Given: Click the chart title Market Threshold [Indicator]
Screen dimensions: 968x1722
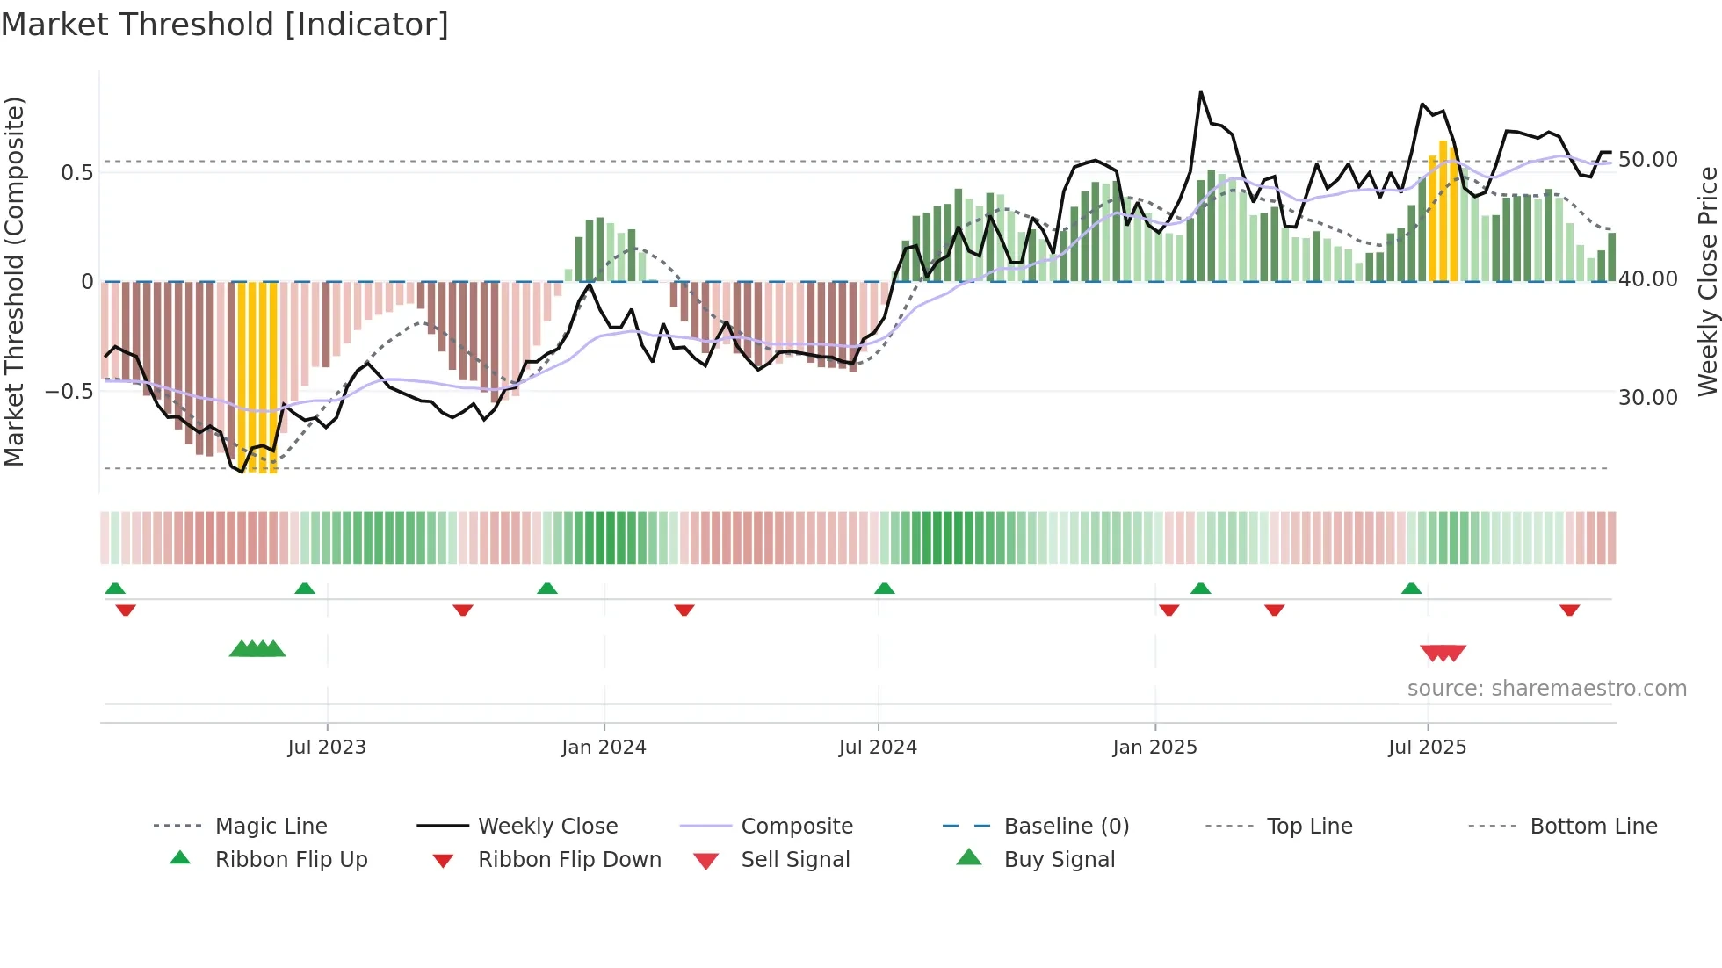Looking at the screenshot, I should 225,25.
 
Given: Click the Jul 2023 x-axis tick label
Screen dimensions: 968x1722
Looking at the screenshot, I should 326,748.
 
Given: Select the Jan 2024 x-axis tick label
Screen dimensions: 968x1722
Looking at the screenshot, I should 604,748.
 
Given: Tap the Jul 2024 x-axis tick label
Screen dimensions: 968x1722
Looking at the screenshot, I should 878,748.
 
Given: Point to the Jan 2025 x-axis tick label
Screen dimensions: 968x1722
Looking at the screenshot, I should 1154,748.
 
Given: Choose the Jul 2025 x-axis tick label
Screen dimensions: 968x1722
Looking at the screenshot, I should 1428,748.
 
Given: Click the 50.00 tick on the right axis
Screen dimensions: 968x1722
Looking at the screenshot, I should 1647,160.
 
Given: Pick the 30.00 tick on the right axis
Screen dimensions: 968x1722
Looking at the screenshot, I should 1647,398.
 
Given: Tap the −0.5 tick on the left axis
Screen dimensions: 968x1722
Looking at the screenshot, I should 69,391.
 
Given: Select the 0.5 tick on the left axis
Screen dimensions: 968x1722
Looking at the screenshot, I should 76,172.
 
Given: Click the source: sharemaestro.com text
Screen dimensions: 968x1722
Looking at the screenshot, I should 1546,689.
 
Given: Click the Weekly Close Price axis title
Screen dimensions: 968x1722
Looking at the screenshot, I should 1707,281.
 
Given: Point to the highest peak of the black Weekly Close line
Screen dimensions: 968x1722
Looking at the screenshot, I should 1200,92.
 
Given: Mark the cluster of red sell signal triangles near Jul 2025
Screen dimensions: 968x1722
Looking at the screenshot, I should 1443,653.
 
